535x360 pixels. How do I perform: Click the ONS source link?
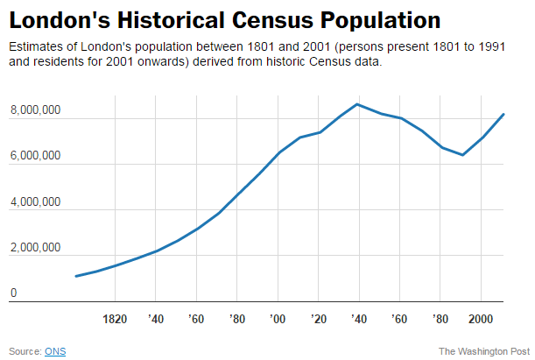click(x=55, y=351)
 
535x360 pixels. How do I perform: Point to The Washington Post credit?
click(x=484, y=351)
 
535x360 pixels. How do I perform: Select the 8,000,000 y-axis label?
click(x=35, y=110)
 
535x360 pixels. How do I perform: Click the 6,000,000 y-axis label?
click(x=35, y=156)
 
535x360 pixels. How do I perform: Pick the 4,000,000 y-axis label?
click(x=35, y=202)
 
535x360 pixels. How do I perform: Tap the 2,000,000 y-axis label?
click(x=35, y=248)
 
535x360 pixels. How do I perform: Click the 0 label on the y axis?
click(x=13, y=293)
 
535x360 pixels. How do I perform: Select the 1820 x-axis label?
click(x=116, y=318)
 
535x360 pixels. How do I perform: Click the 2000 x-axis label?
click(x=481, y=318)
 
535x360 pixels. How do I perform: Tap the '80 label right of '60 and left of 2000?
click(x=440, y=318)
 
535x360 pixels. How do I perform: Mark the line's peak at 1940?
click(x=357, y=104)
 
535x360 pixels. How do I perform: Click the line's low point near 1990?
click(x=462, y=155)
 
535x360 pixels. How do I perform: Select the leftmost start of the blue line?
click(x=76, y=276)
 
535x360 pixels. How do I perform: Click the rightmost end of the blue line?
click(x=503, y=114)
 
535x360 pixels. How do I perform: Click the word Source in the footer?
click(x=24, y=351)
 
